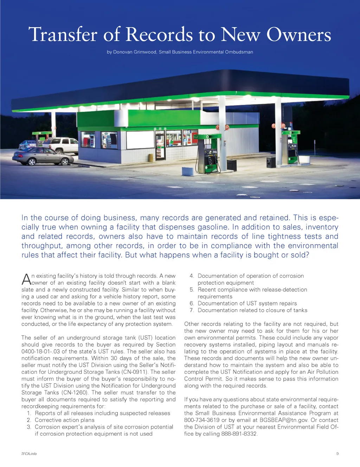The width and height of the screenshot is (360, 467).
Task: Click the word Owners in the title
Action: [298, 35]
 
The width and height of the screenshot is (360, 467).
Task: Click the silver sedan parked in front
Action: [43, 156]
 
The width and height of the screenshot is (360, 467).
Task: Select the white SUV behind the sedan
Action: [62, 144]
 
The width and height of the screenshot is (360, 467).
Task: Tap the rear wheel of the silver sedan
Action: [65, 162]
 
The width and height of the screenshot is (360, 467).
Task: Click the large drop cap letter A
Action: [26, 280]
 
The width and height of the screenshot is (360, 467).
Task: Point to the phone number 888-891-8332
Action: [239, 434]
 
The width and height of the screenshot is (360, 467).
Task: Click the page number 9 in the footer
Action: [337, 454]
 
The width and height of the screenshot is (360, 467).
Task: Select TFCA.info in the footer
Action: [29, 454]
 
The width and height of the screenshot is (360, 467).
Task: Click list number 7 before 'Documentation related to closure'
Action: [192, 310]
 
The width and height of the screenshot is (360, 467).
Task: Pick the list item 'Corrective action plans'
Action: [65, 420]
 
